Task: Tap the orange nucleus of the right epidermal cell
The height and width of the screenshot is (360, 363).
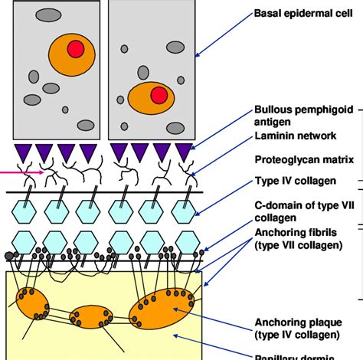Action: [x=151, y=99]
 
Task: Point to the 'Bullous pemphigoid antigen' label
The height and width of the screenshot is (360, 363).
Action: [x=303, y=115]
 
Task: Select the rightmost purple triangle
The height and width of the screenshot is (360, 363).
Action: [x=184, y=152]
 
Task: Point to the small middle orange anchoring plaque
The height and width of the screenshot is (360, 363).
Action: [x=91, y=316]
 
